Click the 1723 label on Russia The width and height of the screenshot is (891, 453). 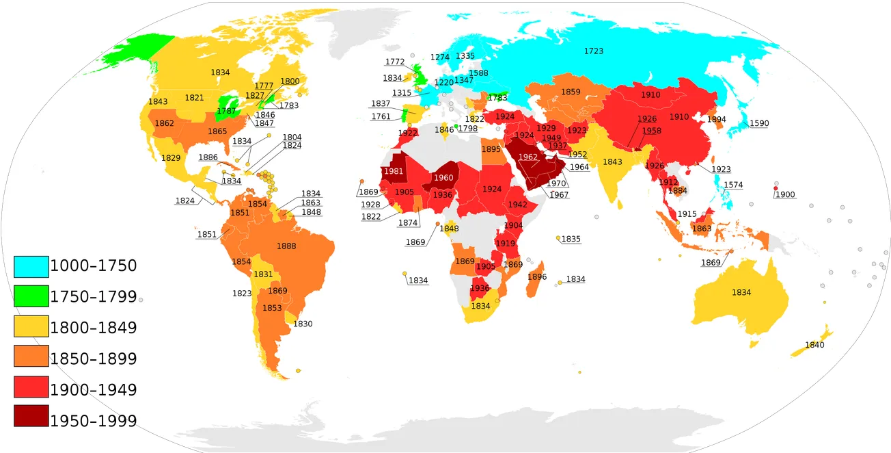[x=594, y=51]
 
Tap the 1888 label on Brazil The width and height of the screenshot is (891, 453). [x=286, y=246]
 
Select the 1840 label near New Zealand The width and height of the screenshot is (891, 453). [x=814, y=345]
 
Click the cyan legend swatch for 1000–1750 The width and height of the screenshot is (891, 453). [x=31, y=266]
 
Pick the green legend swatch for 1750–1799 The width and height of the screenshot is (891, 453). [x=31, y=297]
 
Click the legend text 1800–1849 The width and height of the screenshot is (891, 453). [x=94, y=328]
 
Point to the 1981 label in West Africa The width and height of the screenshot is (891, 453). [x=393, y=172]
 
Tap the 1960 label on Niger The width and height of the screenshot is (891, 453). [x=443, y=178]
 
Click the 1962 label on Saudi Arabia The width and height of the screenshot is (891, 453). [x=528, y=157]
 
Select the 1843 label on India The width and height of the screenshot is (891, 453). [x=612, y=162]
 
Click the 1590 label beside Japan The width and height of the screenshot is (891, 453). [x=759, y=123]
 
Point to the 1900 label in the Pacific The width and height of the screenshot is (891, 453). [x=785, y=194]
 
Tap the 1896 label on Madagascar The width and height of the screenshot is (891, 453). [x=537, y=277]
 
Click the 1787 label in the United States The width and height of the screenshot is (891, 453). [x=226, y=111]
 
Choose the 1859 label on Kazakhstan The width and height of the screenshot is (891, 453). [x=571, y=92]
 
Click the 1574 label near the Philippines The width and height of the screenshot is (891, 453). [x=733, y=185]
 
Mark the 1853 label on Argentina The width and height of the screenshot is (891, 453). [x=272, y=308]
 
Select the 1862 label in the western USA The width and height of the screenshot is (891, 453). [x=165, y=124]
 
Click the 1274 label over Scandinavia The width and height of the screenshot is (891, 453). [x=440, y=57]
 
